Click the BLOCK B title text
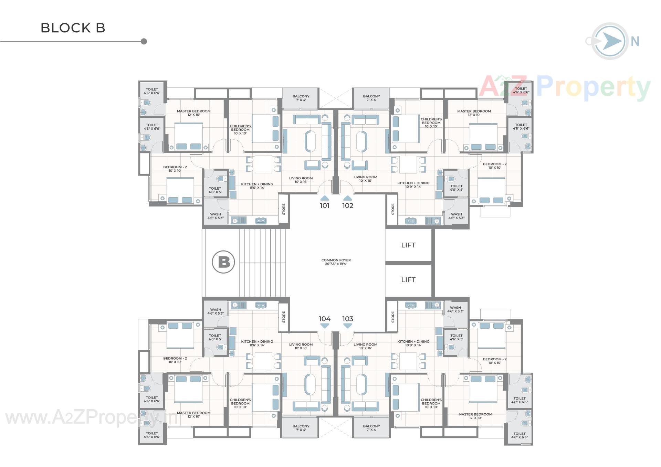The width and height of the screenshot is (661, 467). (73, 28)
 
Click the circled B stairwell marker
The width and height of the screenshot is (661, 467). (223, 262)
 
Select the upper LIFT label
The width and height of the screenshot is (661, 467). (408, 245)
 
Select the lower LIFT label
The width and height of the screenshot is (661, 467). (408, 280)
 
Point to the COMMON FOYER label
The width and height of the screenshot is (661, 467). (336, 262)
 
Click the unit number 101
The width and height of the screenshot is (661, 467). (324, 205)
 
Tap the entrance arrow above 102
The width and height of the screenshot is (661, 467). (348, 198)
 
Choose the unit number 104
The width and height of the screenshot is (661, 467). (324, 319)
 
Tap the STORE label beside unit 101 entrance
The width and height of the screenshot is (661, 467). (284, 209)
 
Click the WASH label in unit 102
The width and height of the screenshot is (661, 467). (456, 216)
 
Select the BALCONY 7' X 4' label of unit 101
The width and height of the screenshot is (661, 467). (301, 98)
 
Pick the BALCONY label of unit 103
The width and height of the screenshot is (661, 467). (371, 428)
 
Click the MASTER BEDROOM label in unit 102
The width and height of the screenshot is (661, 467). (474, 113)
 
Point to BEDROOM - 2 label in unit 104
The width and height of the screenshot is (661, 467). (175, 360)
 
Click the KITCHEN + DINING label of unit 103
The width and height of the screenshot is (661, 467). (413, 343)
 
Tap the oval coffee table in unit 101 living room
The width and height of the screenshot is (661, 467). (310, 141)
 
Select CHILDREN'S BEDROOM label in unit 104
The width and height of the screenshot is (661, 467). (240, 403)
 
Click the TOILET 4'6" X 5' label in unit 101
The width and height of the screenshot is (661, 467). (215, 190)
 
